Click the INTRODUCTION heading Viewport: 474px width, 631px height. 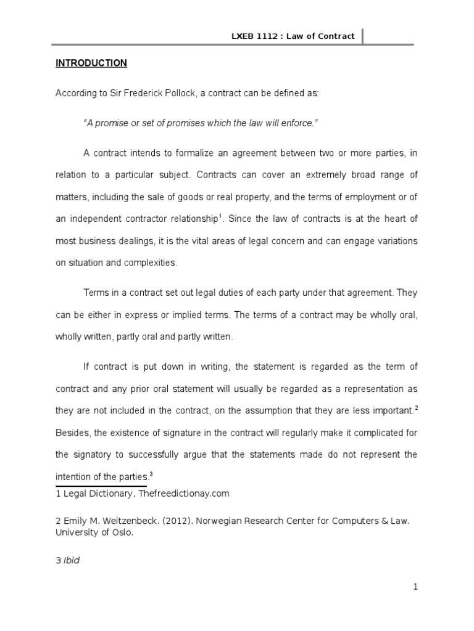[91, 63]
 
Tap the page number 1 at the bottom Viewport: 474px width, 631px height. [416, 587]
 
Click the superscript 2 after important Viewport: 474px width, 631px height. [416, 407]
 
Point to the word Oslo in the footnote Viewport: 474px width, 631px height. [121, 533]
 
